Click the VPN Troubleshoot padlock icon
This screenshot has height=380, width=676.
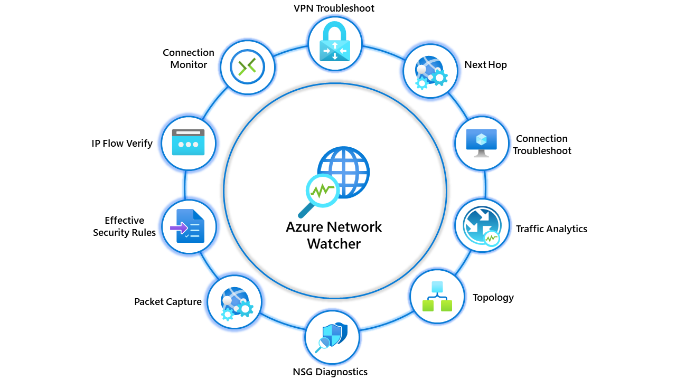[x=334, y=43]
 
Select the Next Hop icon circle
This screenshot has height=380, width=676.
[x=430, y=71]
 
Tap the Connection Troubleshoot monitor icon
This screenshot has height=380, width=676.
[x=481, y=143]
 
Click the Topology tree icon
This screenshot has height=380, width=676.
[x=437, y=296]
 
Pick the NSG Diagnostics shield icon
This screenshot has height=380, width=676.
[x=332, y=337]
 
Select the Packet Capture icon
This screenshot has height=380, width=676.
[x=234, y=302]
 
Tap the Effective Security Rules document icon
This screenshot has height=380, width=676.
[x=188, y=227]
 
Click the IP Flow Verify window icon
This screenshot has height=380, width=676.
[x=188, y=142]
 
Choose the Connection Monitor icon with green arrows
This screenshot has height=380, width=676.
[x=247, y=66]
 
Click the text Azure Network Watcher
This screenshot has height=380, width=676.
[x=334, y=235]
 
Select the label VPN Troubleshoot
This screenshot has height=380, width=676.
[x=334, y=8]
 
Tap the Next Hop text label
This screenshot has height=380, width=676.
[x=485, y=65]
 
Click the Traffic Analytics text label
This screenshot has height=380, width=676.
[x=551, y=229]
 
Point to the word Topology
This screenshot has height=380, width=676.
[x=493, y=297]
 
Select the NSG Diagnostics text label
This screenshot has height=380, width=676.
[x=330, y=372]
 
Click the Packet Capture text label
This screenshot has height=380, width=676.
[x=168, y=302]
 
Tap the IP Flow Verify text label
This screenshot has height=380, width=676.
[x=122, y=144]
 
